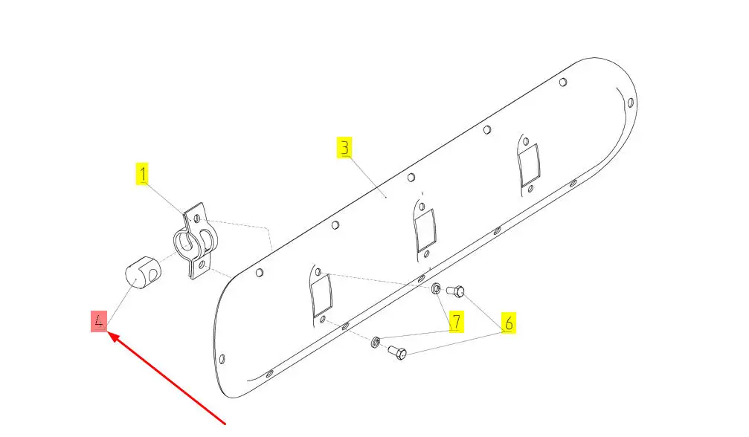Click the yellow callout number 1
(x=142, y=174)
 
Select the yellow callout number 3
(x=344, y=147)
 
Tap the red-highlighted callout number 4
(x=99, y=321)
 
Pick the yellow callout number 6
(x=509, y=323)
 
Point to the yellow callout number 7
(x=457, y=321)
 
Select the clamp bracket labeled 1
(x=195, y=241)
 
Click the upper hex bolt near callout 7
(x=455, y=291)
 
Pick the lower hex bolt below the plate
(x=397, y=352)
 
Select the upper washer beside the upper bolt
(x=436, y=288)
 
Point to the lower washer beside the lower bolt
(x=376, y=342)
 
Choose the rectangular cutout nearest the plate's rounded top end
(x=530, y=165)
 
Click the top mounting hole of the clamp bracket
(x=197, y=218)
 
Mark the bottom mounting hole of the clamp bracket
(x=202, y=264)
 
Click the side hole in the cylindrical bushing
(x=152, y=275)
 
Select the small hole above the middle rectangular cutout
(x=422, y=207)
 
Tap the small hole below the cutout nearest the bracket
(x=324, y=320)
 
